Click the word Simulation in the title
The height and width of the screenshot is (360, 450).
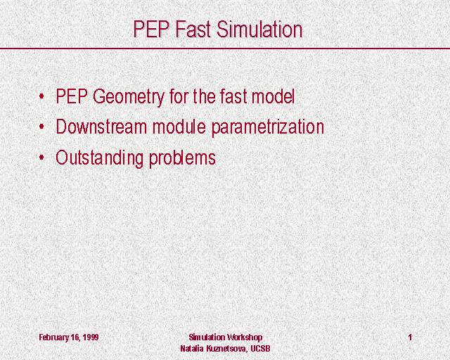(x=259, y=30)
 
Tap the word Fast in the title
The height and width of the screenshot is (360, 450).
(x=193, y=30)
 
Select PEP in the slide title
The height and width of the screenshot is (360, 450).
(x=151, y=30)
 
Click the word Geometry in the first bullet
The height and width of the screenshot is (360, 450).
(x=128, y=97)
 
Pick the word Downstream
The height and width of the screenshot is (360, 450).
(x=101, y=127)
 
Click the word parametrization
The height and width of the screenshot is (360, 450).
(x=268, y=127)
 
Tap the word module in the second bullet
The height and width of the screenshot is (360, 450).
(x=179, y=127)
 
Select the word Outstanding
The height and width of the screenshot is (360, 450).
(x=99, y=158)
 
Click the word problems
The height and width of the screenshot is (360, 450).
(x=182, y=158)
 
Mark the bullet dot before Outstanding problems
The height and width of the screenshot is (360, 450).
(x=41, y=157)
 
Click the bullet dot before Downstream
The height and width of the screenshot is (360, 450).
(x=41, y=126)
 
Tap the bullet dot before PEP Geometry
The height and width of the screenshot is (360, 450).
(x=41, y=96)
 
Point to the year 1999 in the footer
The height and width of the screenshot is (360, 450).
(x=91, y=337)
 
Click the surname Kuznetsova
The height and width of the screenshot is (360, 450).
(x=226, y=349)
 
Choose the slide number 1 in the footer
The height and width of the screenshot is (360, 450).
(x=410, y=337)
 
